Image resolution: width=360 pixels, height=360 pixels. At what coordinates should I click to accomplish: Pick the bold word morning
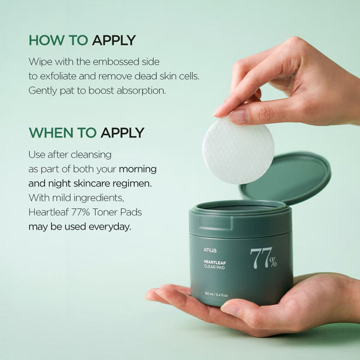tap(138, 169)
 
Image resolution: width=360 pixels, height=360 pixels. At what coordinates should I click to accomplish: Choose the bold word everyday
tap(110, 227)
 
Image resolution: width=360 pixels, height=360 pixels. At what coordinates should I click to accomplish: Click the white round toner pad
tap(238, 150)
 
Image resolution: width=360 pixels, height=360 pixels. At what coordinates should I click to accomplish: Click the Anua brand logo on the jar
tap(210, 250)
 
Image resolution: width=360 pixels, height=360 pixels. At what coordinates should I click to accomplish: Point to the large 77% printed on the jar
tap(263, 258)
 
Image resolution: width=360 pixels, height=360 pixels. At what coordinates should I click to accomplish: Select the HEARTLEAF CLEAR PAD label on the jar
tap(214, 265)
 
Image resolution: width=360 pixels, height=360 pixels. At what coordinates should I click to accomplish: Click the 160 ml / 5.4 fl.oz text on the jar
tap(216, 295)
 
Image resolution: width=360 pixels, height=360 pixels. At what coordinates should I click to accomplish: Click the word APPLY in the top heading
tap(114, 41)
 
